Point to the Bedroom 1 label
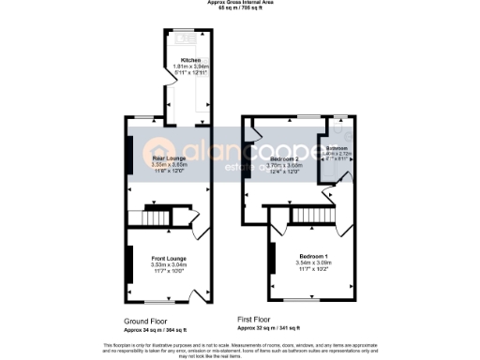[314, 256]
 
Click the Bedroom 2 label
[285, 159]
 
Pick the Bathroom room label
[337, 148]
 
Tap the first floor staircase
[310, 217]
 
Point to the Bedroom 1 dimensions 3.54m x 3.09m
[314, 263]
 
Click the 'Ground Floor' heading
[146, 320]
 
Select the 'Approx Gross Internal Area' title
[240, 3]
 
